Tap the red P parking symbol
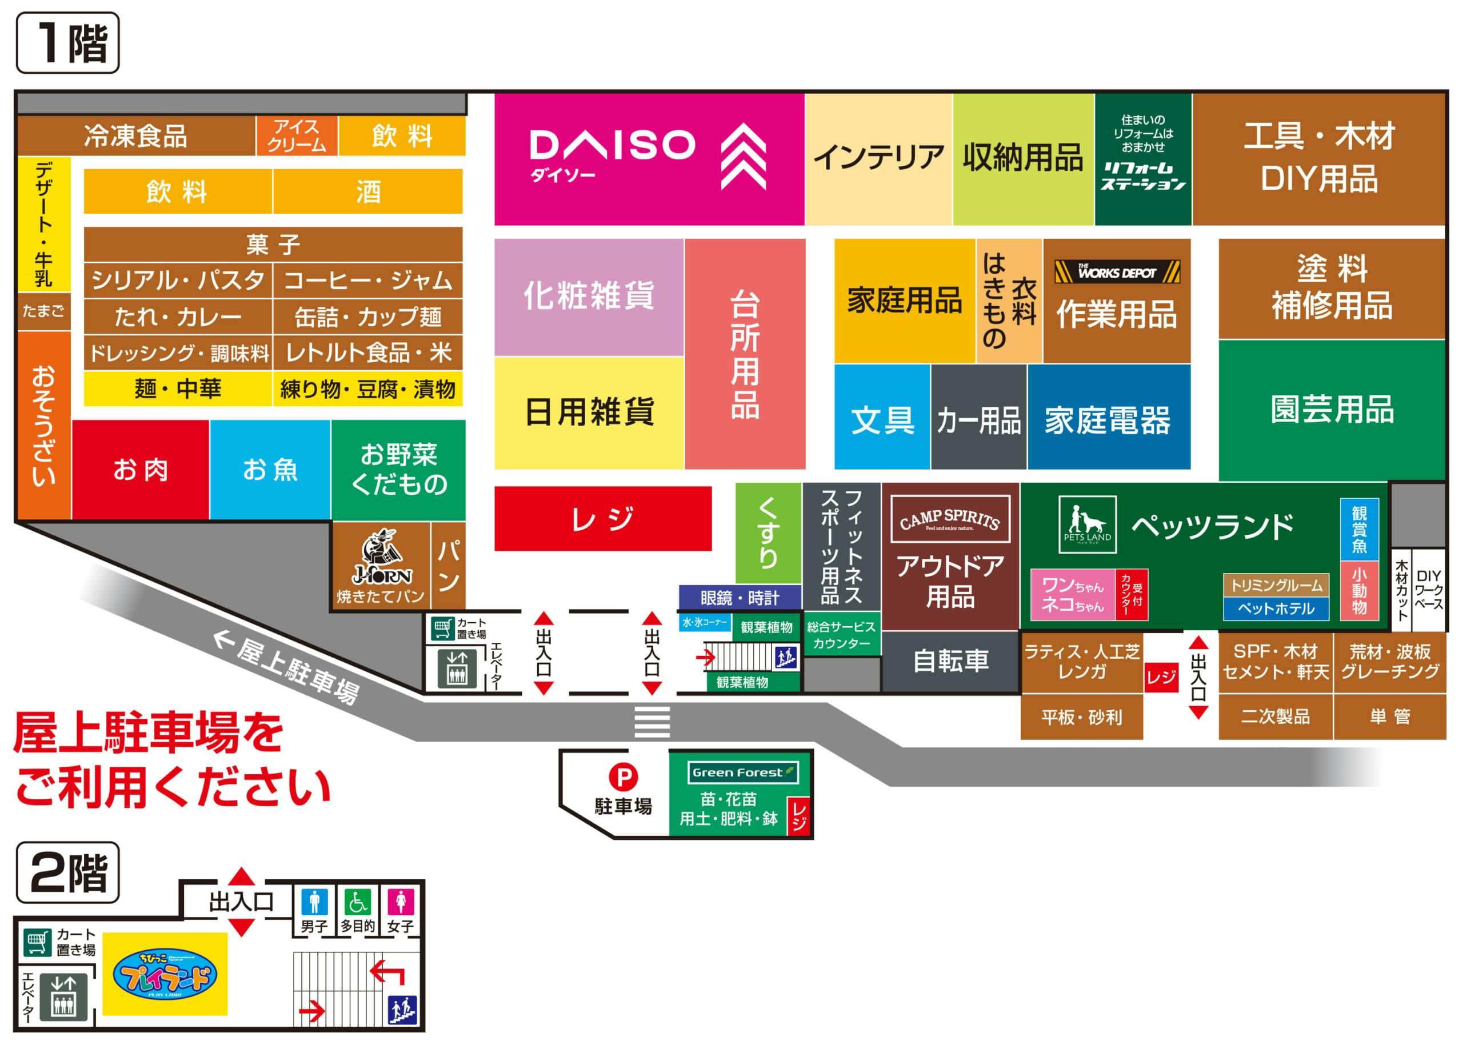(x=623, y=776)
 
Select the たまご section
(x=43, y=311)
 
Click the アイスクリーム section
(x=297, y=136)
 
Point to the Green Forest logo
(x=743, y=772)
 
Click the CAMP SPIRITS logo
(x=949, y=519)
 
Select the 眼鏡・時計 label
(x=740, y=598)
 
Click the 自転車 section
(x=950, y=661)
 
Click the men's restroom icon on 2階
(x=314, y=902)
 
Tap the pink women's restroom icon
(x=401, y=902)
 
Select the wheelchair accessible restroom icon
(x=357, y=902)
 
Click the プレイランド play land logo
(x=165, y=974)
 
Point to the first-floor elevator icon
(x=457, y=667)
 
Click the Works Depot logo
(x=1117, y=272)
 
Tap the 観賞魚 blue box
(x=1359, y=529)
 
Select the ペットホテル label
(x=1276, y=608)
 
